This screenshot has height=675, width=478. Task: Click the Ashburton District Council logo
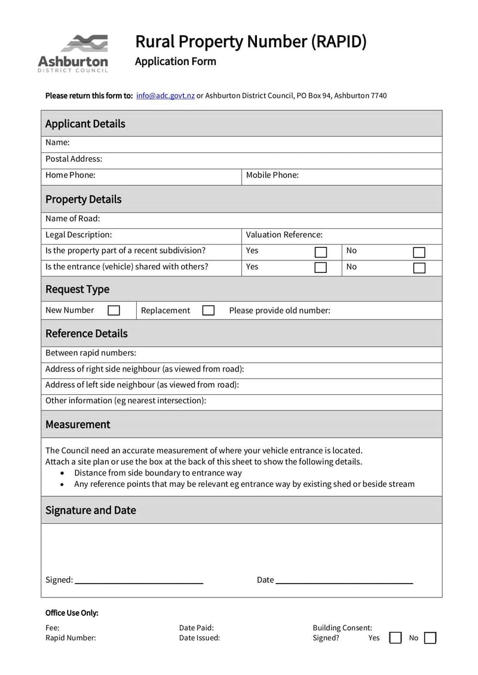coord(73,53)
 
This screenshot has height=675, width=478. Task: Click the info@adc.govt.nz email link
coord(165,96)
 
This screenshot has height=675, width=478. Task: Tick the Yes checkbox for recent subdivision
coord(321,251)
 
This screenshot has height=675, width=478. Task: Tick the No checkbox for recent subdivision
coord(419,251)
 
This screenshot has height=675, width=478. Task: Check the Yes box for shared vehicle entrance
coord(321,268)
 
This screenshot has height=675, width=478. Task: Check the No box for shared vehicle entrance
coord(419,268)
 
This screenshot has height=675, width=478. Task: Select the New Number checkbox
coord(114,311)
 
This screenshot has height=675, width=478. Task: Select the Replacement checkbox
coord(208,311)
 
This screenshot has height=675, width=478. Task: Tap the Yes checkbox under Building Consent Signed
coord(395,638)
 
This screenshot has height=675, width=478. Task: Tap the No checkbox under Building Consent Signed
coord(430,638)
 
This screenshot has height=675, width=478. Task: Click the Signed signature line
coord(139,581)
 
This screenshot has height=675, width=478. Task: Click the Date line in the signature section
coord(344,581)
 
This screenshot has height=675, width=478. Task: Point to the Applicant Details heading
coord(85,124)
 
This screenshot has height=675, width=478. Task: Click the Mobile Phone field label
coord(272,176)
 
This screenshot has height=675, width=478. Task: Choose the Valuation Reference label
coord(284,235)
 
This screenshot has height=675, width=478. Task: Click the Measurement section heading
coord(78,425)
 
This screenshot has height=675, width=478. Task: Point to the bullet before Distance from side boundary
coord(63,473)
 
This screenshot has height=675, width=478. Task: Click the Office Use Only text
coord(72,613)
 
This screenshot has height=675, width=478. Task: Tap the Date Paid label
coord(196,628)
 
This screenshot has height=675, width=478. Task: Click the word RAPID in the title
coord(338,42)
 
